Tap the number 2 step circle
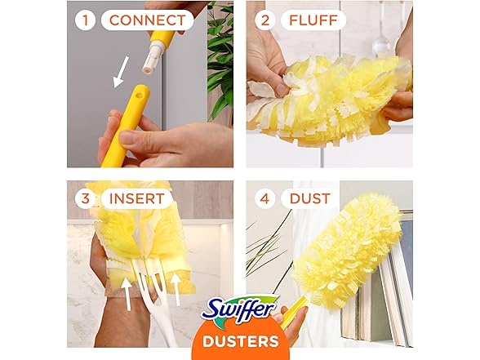point(264,20)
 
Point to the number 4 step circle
point(264,198)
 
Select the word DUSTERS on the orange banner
point(239,340)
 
